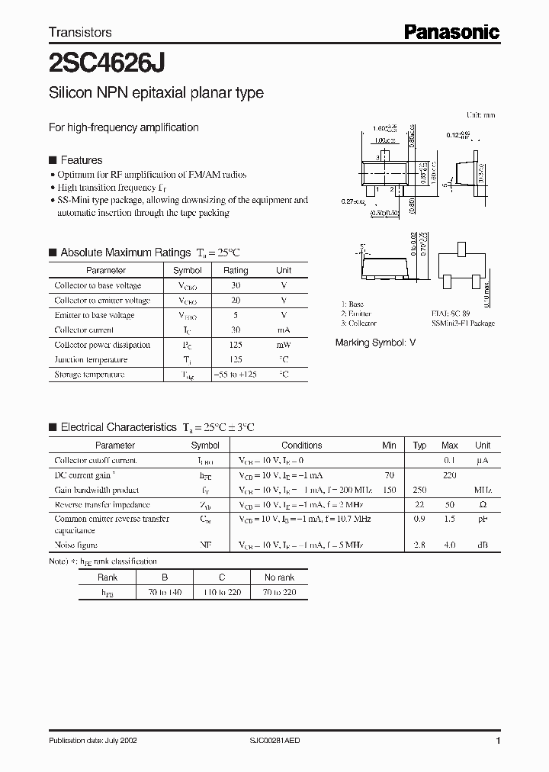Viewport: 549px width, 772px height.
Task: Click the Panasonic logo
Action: (x=451, y=31)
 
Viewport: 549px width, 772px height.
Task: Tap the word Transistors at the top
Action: (x=80, y=32)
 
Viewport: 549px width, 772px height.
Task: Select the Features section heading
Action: (x=81, y=160)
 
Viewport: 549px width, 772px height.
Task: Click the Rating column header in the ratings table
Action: (x=235, y=270)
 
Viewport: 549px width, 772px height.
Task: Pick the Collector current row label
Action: (x=84, y=330)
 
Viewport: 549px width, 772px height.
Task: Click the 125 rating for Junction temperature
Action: (x=235, y=359)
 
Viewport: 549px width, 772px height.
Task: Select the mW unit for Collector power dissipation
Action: (x=283, y=345)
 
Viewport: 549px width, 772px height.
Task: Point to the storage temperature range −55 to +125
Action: (x=235, y=375)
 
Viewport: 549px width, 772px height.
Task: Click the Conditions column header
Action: (x=301, y=446)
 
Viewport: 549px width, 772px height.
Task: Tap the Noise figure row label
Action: (x=76, y=545)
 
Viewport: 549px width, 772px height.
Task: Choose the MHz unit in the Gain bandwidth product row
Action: (x=482, y=490)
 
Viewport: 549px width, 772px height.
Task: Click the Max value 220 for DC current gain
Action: (x=450, y=475)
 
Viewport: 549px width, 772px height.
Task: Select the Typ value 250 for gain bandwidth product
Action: (x=419, y=490)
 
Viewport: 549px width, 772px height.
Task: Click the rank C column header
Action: (x=222, y=577)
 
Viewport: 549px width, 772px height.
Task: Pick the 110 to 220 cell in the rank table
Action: (x=222, y=592)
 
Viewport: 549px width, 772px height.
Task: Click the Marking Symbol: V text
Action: (x=375, y=343)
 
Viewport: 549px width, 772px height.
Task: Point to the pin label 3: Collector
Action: (x=358, y=323)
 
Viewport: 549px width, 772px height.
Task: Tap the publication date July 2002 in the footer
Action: (x=93, y=741)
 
